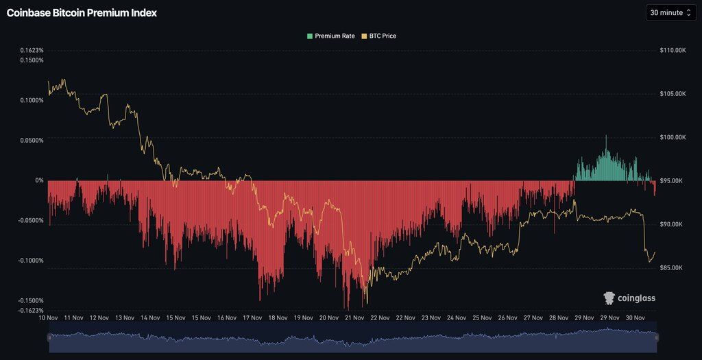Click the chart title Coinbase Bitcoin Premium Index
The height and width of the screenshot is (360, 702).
click(82, 12)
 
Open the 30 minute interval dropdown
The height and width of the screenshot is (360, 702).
click(670, 12)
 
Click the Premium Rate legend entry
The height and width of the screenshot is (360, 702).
click(331, 36)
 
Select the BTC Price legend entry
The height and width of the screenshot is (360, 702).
click(379, 36)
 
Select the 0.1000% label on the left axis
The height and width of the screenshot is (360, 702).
click(30, 100)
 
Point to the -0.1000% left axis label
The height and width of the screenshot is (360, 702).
click(29, 261)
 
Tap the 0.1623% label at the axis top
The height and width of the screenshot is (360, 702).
click(30, 51)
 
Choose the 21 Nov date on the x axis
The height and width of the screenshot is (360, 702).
click(354, 317)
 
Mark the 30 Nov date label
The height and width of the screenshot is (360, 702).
click(636, 317)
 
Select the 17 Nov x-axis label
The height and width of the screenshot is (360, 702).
click(252, 317)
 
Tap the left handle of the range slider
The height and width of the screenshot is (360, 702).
click(49, 337)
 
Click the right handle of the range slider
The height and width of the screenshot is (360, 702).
click(656, 337)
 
